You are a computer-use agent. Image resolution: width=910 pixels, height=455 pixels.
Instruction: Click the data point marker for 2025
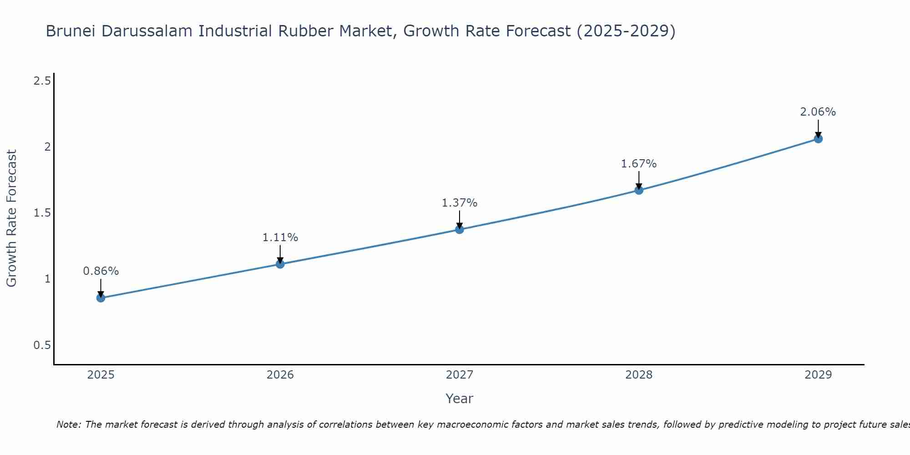click(x=101, y=298)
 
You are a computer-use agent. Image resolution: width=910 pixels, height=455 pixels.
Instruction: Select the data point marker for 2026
click(x=280, y=264)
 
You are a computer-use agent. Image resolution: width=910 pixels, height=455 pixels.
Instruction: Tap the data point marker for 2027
click(x=460, y=229)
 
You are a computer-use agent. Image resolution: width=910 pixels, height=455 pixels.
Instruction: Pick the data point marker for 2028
click(x=639, y=190)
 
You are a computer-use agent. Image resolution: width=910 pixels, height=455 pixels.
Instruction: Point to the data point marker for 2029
click(x=818, y=139)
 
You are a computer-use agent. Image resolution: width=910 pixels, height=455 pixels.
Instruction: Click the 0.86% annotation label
click(x=101, y=271)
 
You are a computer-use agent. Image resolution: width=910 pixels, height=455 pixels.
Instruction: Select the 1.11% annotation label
click(x=280, y=238)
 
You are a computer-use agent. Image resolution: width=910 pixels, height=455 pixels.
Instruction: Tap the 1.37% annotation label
click(x=460, y=203)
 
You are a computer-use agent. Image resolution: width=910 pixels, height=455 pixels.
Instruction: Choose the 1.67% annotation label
click(x=639, y=164)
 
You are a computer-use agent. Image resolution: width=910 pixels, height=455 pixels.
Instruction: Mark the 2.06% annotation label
click(x=818, y=112)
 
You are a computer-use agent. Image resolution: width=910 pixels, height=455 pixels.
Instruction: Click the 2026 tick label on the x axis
click(x=280, y=375)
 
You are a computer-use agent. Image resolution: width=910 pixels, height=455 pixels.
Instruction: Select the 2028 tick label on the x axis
click(x=639, y=375)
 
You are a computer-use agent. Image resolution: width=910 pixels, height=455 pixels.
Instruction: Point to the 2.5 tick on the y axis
click(x=42, y=81)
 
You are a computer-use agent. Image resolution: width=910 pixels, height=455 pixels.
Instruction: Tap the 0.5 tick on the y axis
click(x=42, y=345)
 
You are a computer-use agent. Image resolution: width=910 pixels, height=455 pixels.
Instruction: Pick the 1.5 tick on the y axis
click(x=42, y=213)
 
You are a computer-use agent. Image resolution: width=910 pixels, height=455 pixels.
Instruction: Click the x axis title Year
click(x=460, y=399)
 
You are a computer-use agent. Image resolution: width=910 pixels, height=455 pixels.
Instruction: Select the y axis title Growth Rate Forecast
click(x=11, y=218)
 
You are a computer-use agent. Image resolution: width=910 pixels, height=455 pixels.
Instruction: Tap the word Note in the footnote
click(x=68, y=425)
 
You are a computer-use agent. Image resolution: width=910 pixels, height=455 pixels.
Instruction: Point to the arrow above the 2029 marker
click(x=818, y=128)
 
